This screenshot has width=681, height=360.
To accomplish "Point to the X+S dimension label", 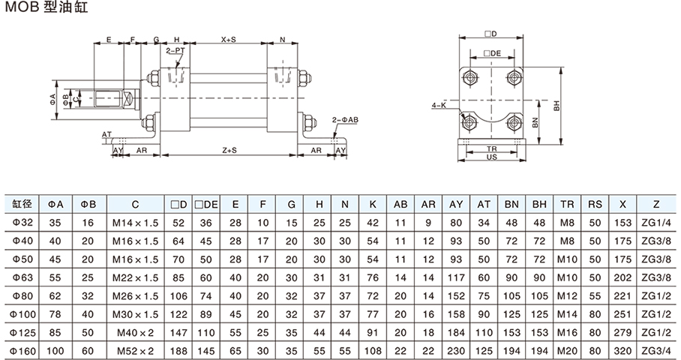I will pyautogui.click(x=228, y=40).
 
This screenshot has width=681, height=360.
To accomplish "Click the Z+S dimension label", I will pyautogui.click(x=228, y=150).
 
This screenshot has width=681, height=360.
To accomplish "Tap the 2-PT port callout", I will pyautogui.click(x=175, y=51).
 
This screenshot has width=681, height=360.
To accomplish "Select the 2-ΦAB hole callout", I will pyautogui.click(x=345, y=119).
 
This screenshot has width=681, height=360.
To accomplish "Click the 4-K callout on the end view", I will pyautogui.click(x=439, y=106).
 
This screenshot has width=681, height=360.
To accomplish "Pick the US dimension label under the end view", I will pyautogui.click(x=492, y=158).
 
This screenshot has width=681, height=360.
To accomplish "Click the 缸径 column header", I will pyautogui.click(x=21, y=204).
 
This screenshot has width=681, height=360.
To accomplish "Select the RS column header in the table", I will pyautogui.click(x=594, y=204).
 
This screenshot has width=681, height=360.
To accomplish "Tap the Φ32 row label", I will pyautogui.click(x=21, y=223).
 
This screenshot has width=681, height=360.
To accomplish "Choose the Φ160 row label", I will pyautogui.click(x=21, y=349).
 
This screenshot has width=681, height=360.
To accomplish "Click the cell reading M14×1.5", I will pyautogui.click(x=135, y=223).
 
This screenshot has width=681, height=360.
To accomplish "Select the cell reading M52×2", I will pyautogui.click(x=135, y=349).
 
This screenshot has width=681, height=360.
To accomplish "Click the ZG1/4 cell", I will pyautogui.click(x=656, y=223).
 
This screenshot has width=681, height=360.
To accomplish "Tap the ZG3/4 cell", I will pyautogui.click(x=656, y=349).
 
